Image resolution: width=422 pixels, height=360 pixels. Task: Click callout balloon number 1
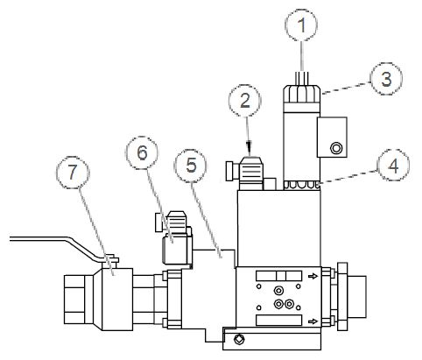(x=301, y=25)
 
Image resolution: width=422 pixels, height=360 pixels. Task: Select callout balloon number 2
(x=245, y=101)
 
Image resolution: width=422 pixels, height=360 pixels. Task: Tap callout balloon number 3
(x=386, y=78)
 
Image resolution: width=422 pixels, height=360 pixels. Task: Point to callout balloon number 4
(x=393, y=166)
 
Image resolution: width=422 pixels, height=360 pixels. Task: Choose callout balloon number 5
(x=190, y=166)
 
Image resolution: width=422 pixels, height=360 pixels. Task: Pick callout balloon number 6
(x=142, y=152)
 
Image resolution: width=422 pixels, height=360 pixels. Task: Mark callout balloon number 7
(x=73, y=173)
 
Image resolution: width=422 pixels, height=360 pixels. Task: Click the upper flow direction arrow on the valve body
(x=313, y=276)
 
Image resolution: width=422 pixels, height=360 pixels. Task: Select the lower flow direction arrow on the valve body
(x=313, y=321)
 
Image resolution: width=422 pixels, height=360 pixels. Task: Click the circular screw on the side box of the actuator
(x=335, y=148)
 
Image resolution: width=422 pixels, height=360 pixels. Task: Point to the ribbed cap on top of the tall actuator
(x=301, y=94)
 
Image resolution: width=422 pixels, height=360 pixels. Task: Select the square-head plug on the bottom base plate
(x=239, y=339)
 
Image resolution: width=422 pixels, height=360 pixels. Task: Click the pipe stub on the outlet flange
(x=356, y=297)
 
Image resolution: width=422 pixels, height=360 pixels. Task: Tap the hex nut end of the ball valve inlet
(x=74, y=300)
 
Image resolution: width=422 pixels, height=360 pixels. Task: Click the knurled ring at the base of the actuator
(x=302, y=185)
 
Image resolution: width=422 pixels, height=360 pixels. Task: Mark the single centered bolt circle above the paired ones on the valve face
(x=278, y=291)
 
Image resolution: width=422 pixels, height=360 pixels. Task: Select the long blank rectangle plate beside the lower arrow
(x=278, y=321)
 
